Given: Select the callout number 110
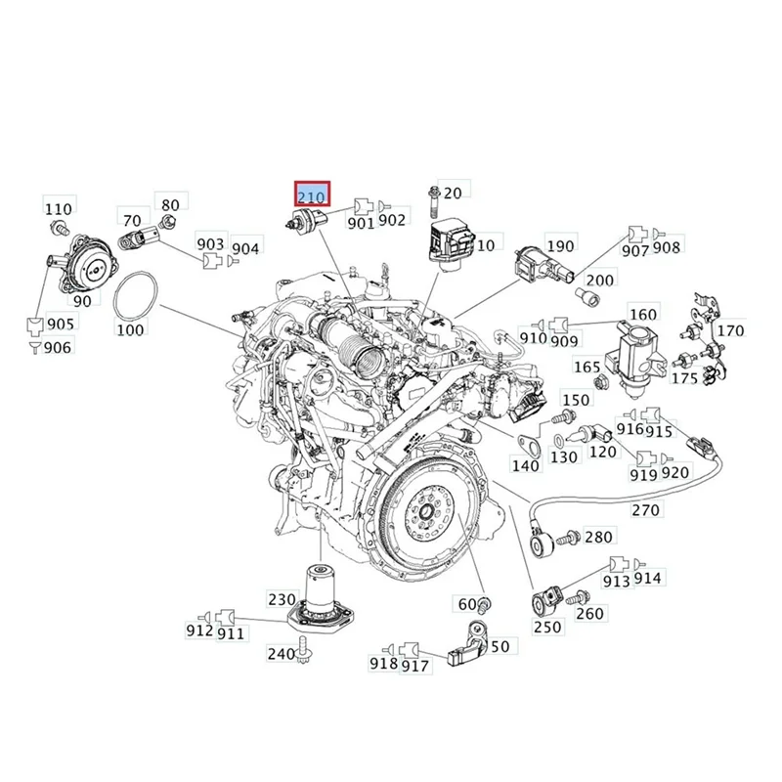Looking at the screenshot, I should point(59,208).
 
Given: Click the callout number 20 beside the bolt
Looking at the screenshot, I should point(452,193).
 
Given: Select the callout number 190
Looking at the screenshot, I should point(559,246).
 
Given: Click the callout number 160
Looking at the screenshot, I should point(642,315).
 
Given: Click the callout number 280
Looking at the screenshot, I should point(598,537).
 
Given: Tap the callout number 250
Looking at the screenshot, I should point(547,627).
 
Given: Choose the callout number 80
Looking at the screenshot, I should point(170,205).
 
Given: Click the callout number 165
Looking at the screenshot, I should point(586,368).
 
